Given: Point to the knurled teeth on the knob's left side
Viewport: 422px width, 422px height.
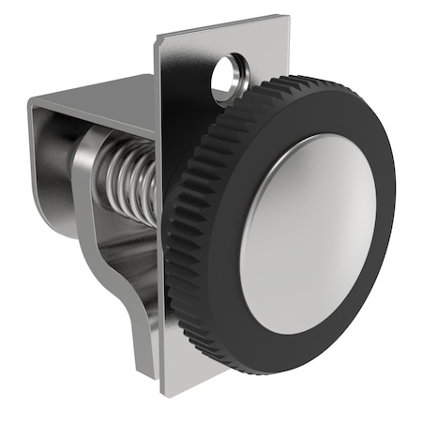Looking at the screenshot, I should point(178,234).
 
